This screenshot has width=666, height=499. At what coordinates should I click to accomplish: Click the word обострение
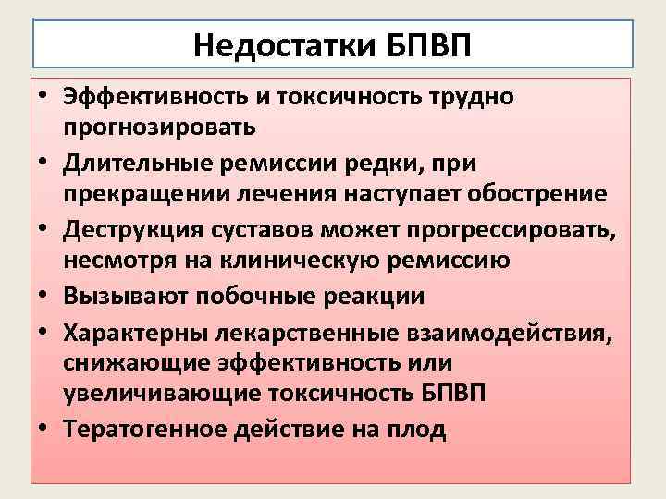(530, 194)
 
